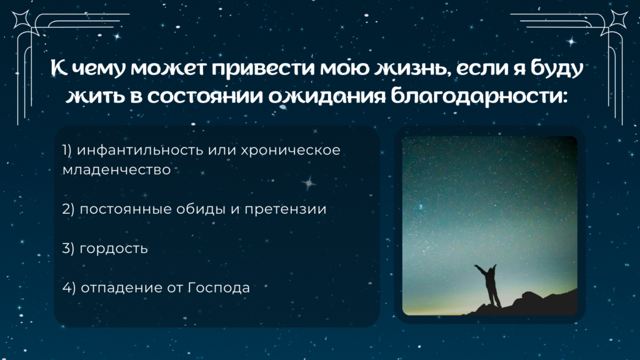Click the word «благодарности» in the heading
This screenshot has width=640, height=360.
(x=479, y=96)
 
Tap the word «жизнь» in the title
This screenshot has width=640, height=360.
(x=412, y=67)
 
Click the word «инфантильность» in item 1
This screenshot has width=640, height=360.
(x=140, y=150)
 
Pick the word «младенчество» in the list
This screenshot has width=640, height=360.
(x=116, y=170)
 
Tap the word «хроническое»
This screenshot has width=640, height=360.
(x=290, y=150)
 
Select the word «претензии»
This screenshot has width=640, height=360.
(x=285, y=209)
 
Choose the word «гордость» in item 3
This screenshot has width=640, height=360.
(x=114, y=249)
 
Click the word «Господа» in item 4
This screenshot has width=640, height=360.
(x=219, y=287)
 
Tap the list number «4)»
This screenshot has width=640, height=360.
(x=69, y=287)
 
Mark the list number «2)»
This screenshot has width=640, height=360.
(x=68, y=209)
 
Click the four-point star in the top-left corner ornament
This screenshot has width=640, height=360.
(x=21, y=19)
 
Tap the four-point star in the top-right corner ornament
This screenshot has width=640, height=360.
(x=619, y=19)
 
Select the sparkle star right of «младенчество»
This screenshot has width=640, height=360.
(x=309, y=183)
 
